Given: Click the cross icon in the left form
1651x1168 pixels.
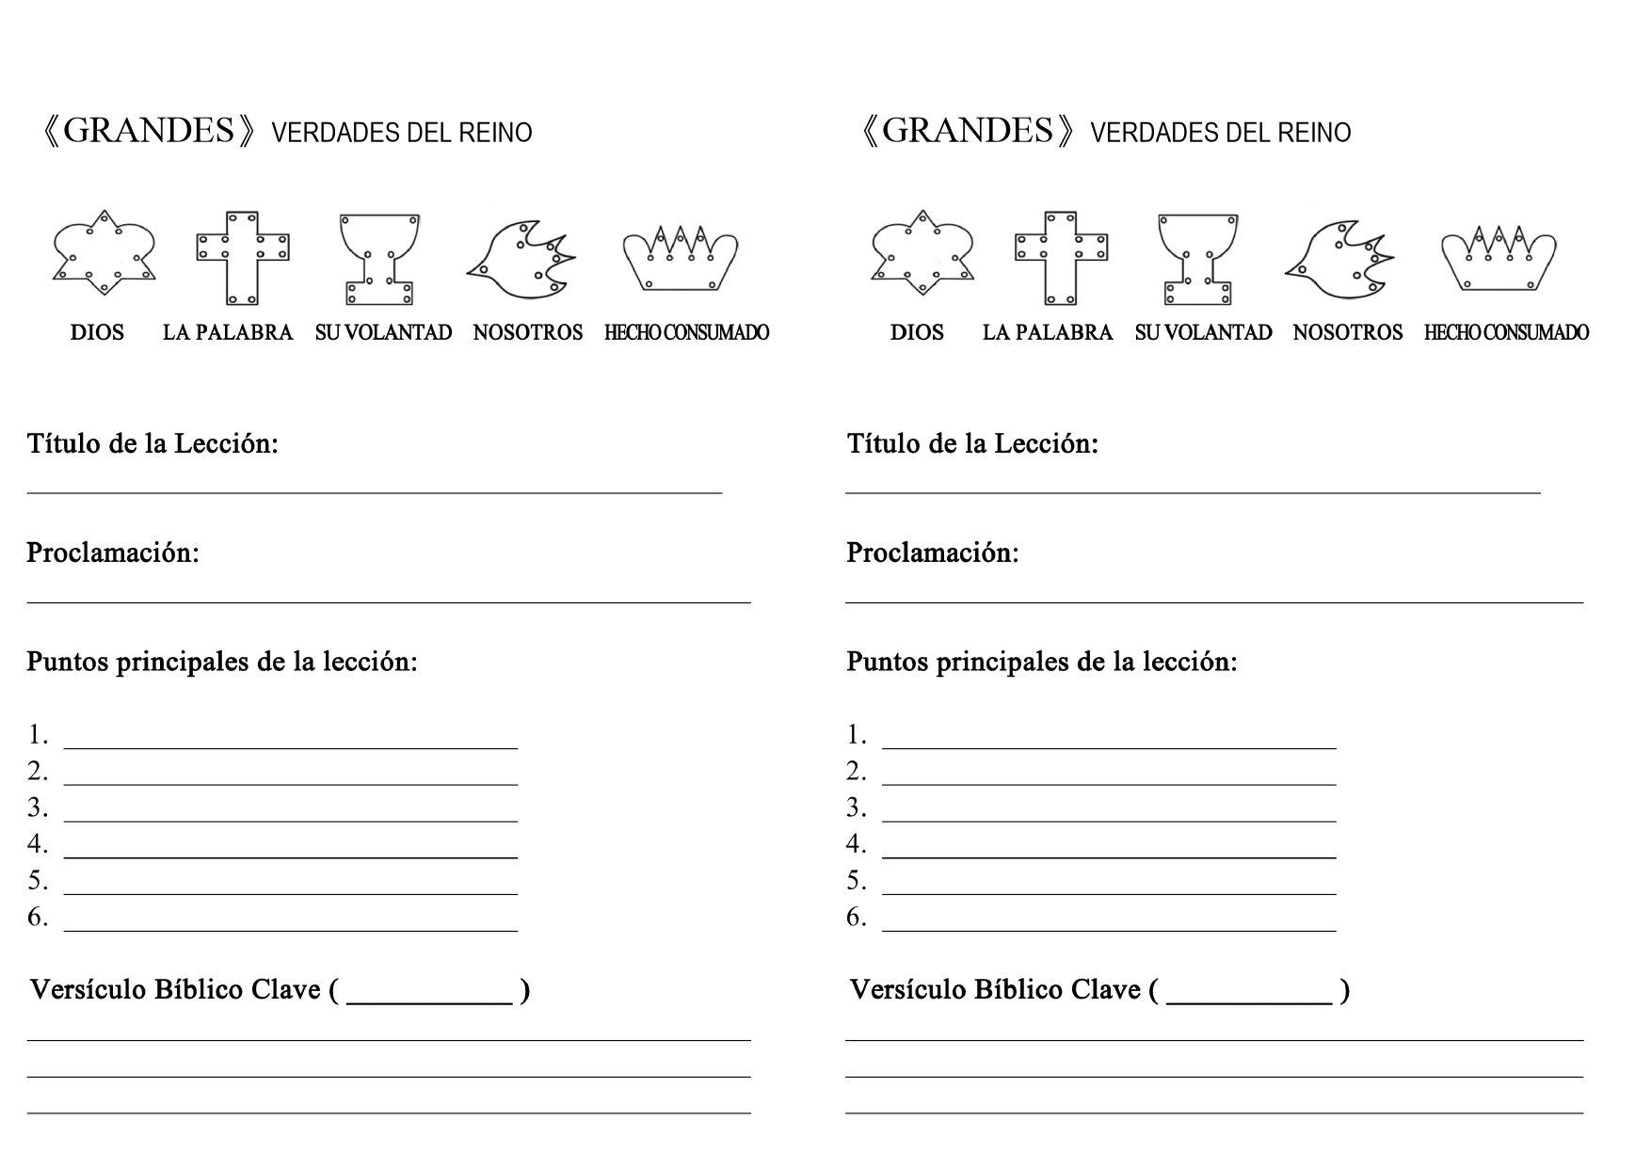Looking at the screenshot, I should click(242, 257).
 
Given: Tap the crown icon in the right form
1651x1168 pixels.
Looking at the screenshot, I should click(1499, 257).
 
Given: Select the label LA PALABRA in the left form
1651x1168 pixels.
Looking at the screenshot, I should click(228, 332).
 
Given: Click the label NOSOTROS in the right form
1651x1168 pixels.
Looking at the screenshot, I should click(1347, 332).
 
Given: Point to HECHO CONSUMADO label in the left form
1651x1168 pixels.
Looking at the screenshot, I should click(686, 332).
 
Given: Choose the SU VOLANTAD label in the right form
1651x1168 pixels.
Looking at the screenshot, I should click(1203, 332).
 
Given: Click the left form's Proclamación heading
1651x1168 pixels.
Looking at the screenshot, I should click(113, 552).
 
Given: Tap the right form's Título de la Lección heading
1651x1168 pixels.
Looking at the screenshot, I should click(972, 443).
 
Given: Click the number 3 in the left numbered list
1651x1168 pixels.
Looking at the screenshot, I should click(37, 808).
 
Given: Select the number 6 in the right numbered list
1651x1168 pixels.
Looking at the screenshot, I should click(856, 917).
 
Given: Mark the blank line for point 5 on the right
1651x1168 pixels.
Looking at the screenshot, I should click(1109, 891).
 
